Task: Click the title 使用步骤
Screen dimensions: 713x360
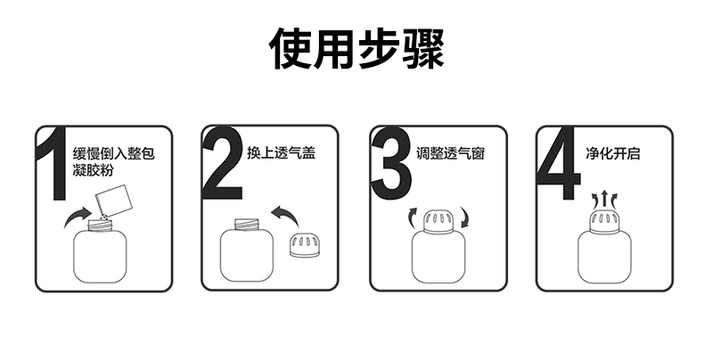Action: pos(356,48)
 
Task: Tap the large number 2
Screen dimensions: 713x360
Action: pos(222,163)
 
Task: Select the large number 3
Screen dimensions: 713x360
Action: pos(391,163)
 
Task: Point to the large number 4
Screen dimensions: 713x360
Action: pos(559,164)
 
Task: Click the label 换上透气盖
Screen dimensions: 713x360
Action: pos(281,152)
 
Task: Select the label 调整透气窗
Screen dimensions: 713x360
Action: pos(451,153)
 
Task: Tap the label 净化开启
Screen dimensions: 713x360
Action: pos(613,153)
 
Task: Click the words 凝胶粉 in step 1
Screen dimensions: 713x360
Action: pos(93,170)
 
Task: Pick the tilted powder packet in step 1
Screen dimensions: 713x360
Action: pos(114,200)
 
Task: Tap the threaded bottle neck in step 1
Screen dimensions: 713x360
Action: pos(100,225)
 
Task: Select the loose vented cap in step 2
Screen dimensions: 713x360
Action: pos(304,245)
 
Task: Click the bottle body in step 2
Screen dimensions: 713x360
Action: pos(247,255)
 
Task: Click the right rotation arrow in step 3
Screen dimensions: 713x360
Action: pos(464,217)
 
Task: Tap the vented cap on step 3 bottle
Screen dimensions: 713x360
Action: pos(438,222)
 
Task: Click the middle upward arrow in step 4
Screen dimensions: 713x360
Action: pos(604,199)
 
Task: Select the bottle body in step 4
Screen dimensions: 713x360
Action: pos(605,258)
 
